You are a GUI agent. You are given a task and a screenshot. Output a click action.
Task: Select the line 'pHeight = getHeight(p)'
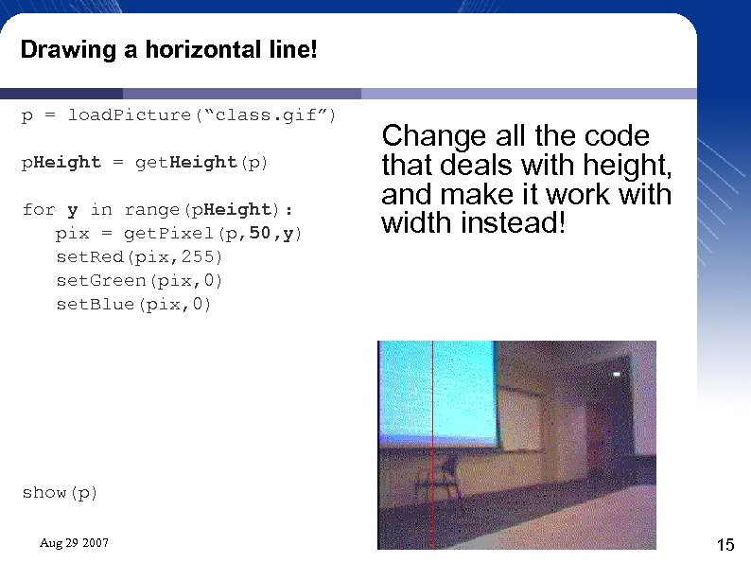pos(146,163)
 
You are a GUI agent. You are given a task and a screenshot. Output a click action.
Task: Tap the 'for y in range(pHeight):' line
pos(157,210)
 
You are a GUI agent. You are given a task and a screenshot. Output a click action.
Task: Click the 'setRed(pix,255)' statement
pos(140,257)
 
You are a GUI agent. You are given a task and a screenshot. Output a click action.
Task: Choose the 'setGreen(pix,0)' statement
pos(140,281)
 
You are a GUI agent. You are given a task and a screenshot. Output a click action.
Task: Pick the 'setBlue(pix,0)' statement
pos(134,305)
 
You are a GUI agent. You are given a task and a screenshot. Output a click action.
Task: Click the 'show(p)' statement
pos(60,493)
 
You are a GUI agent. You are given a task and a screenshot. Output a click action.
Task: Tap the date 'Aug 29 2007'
pos(74,543)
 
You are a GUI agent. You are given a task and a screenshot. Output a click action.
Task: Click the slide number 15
pos(725,544)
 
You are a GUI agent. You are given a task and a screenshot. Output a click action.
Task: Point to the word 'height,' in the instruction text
pos(622,166)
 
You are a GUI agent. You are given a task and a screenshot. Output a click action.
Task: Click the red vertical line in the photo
pos(431,445)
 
